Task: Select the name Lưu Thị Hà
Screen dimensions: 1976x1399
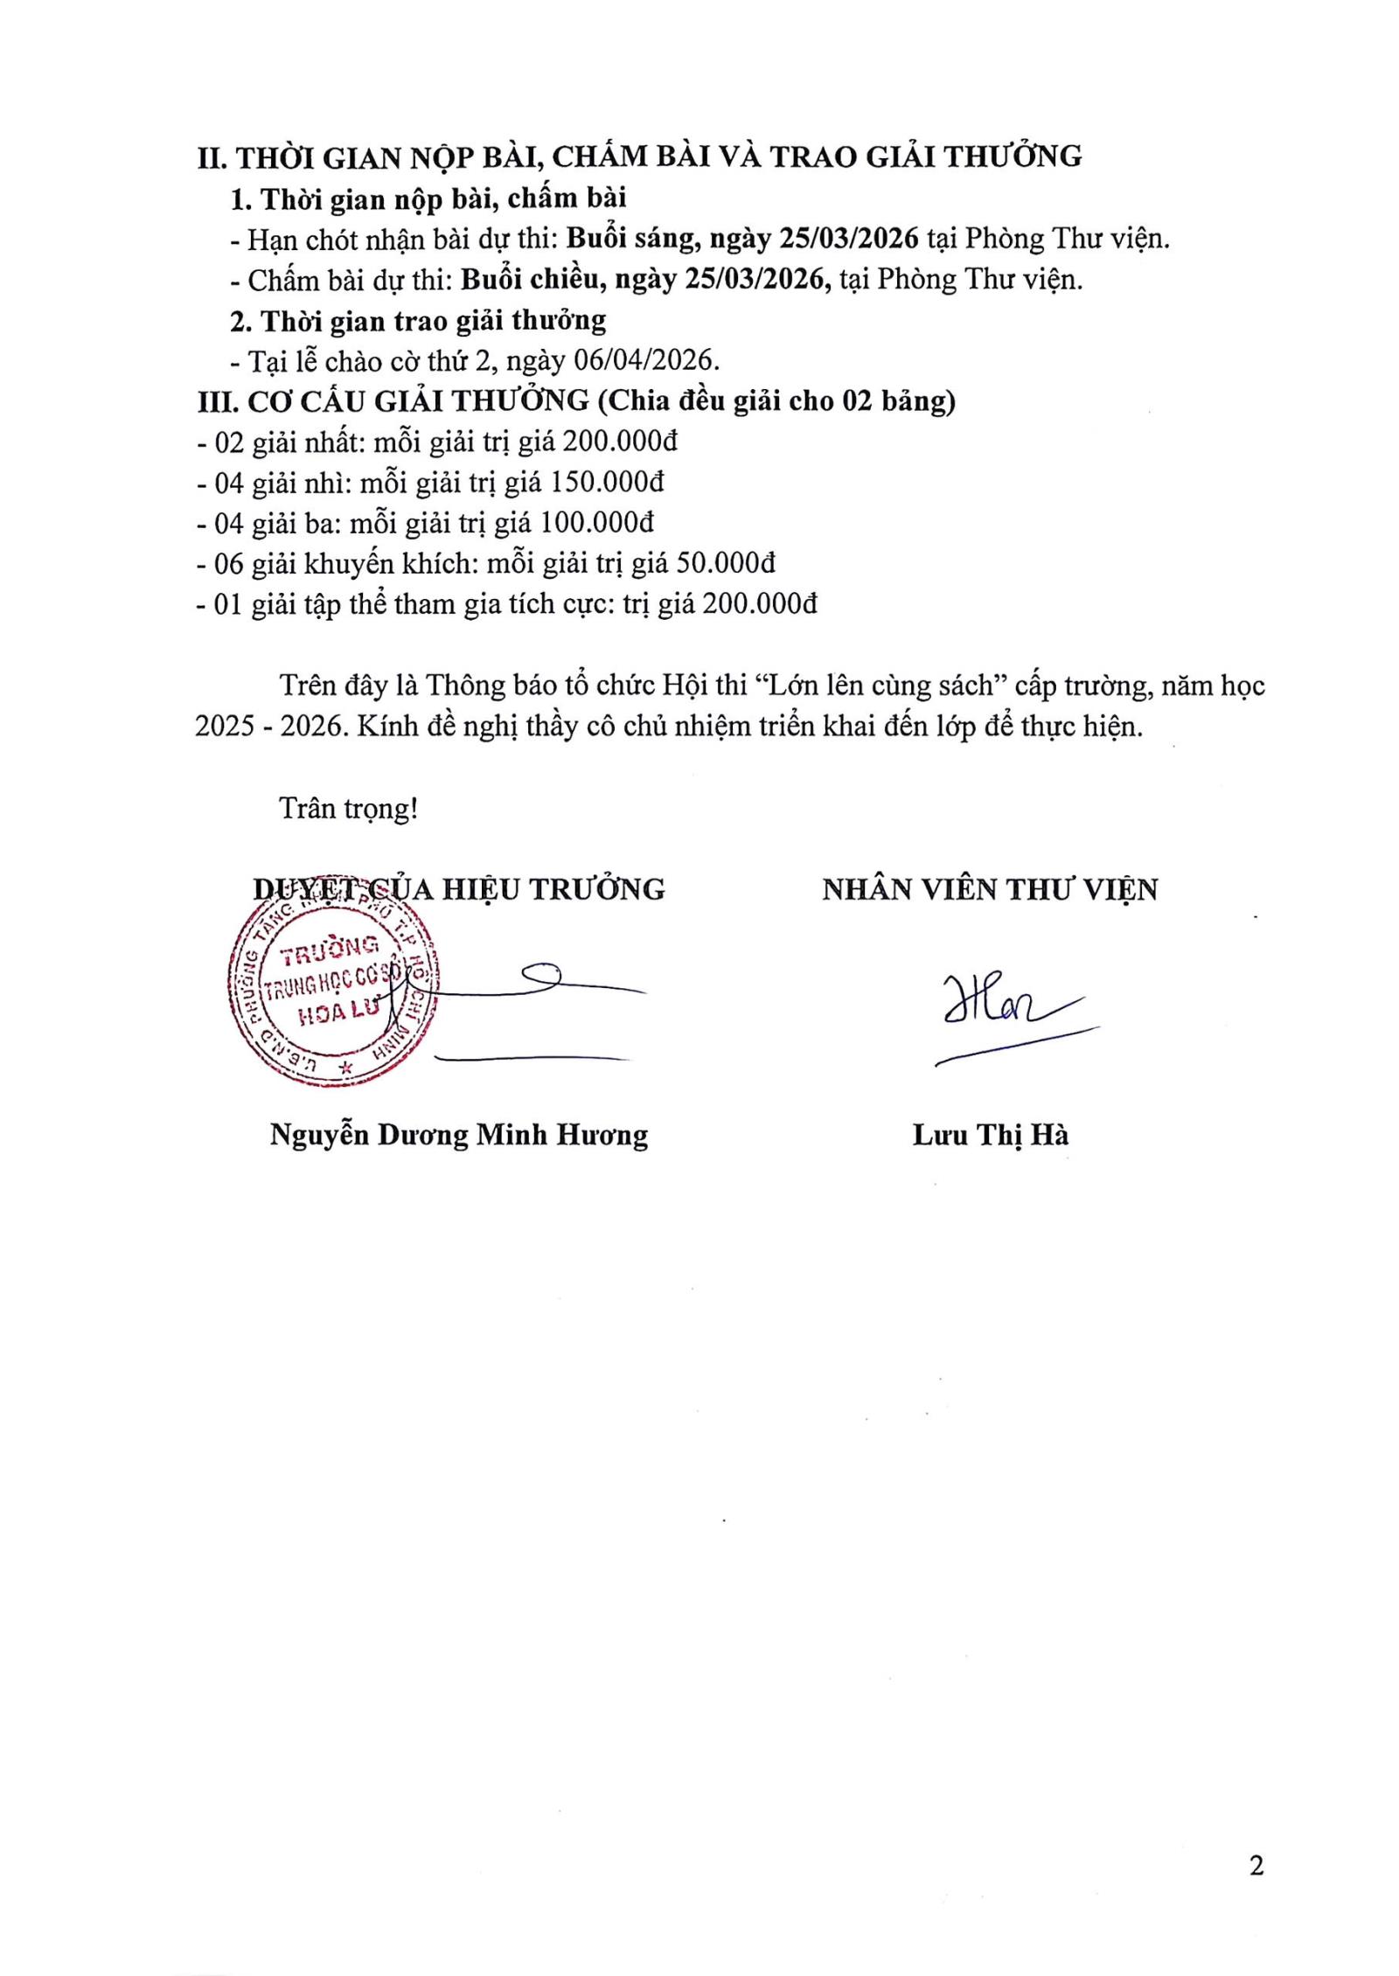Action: pyautogui.click(x=990, y=1135)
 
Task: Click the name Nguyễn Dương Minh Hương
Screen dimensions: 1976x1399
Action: pyautogui.click(x=459, y=1135)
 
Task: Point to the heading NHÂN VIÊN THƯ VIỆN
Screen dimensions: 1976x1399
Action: pyautogui.click(x=990, y=889)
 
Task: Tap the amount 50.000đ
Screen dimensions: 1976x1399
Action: pyautogui.click(x=727, y=563)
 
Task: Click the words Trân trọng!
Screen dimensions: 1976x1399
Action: pyautogui.click(x=349, y=808)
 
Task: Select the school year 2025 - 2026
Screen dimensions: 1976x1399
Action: pyautogui.click(x=267, y=727)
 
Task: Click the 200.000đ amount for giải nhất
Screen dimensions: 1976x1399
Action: pyautogui.click(x=619, y=442)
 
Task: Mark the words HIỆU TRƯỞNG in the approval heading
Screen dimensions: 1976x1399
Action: pyautogui.click(x=553, y=889)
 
